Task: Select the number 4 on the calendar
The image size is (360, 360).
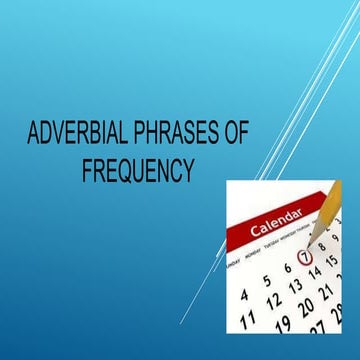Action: pos(245,296)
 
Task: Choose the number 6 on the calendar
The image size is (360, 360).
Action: pos(287,268)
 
